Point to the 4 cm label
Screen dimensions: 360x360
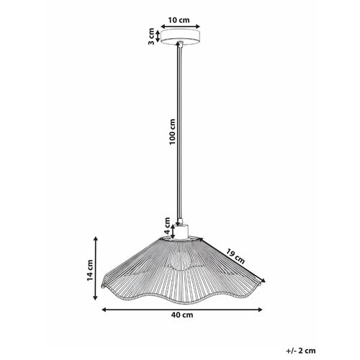pyautogui.click(x=165, y=225)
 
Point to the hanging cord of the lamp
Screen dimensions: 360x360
pyautogui.click(x=179, y=130)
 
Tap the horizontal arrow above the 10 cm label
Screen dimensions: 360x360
pyautogui.click(x=179, y=24)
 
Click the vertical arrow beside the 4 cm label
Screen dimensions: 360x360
pyautogui.click(x=172, y=229)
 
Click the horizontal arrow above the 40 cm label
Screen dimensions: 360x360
pyautogui.click(x=179, y=310)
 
